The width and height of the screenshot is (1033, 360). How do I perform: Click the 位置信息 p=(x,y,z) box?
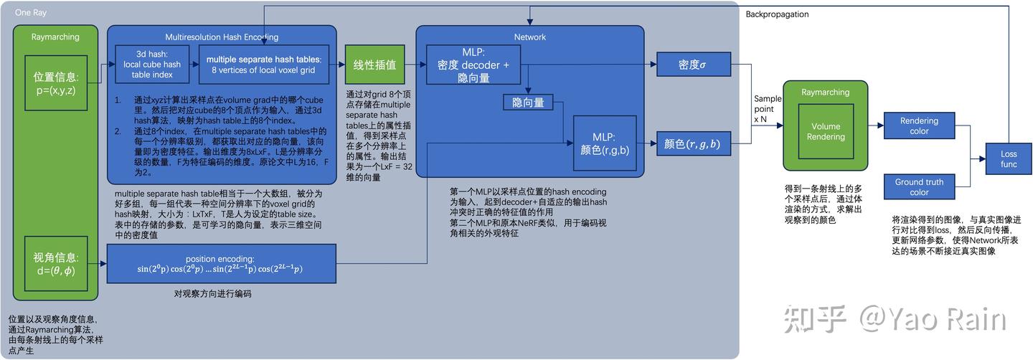coord(56,83)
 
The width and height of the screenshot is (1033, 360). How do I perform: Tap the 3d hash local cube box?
coord(151,64)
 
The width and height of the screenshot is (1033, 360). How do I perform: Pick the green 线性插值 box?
coord(374,65)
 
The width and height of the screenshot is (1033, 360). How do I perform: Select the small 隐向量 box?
coord(527,103)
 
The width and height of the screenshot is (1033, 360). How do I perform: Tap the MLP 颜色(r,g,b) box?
coord(604,143)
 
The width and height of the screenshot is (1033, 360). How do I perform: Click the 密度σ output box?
coord(693,65)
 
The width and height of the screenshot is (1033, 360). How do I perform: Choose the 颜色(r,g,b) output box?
coord(692,144)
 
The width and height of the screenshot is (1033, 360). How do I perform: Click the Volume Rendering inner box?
coord(825,131)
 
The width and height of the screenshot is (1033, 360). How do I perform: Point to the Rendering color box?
coord(919,126)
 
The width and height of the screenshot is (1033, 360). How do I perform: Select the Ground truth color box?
coord(919,187)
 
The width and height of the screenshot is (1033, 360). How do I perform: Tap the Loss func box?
coord(1009,159)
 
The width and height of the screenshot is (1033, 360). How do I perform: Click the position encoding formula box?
coord(221,263)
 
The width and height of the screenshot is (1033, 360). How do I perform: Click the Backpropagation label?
coord(777,14)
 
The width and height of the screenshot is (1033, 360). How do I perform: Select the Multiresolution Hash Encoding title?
coord(221,37)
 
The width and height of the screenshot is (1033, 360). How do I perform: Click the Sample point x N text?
coord(767,109)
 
